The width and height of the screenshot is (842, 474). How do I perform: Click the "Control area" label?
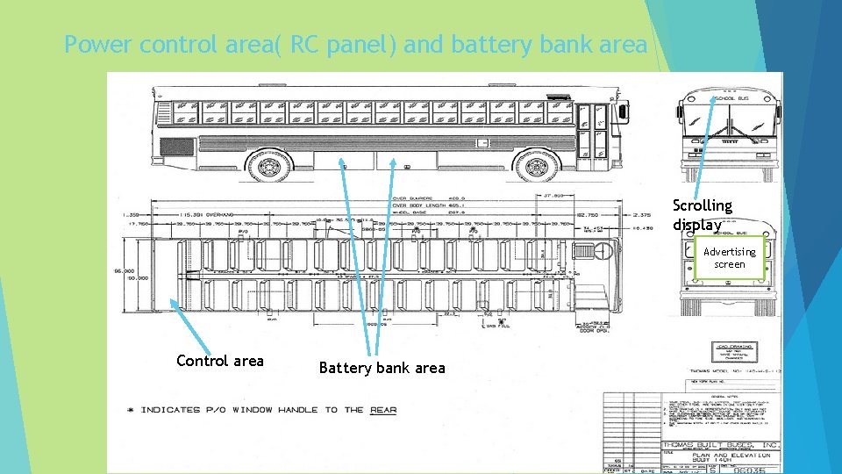pos(219,361)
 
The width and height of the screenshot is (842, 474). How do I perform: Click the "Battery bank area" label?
pos(382,368)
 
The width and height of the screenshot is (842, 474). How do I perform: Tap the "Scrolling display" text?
pos(702,215)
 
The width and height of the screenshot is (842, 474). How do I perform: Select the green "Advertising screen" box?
pos(729,257)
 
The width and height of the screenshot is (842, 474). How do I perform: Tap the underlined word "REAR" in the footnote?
pos(383,410)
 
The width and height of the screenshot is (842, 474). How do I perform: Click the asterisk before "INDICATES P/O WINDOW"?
pos(130,410)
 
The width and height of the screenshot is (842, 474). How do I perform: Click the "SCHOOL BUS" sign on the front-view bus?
pos(727,99)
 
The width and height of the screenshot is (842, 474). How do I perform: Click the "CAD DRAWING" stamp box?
pos(734,352)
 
